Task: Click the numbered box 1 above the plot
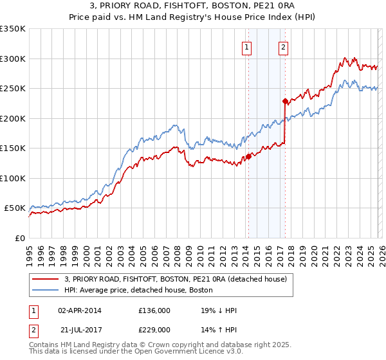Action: coord(247,46)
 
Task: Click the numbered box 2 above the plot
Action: coord(284,46)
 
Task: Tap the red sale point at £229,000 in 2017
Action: coord(284,101)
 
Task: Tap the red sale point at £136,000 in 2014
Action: coord(248,156)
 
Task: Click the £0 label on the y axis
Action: coord(19,239)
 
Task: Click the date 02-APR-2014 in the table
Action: coord(80,310)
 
